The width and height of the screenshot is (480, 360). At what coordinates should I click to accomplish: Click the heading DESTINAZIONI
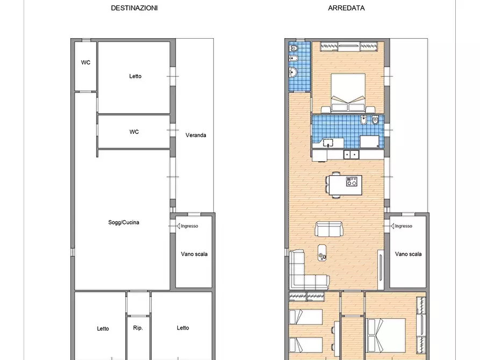tap(134, 8)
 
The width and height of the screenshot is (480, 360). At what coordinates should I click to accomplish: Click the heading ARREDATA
tap(346, 8)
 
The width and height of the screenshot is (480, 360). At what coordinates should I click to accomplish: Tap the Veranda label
tap(196, 135)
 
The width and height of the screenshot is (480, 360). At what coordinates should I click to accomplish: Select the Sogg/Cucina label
tap(124, 222)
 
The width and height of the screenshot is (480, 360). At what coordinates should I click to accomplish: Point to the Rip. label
tap(138, 328)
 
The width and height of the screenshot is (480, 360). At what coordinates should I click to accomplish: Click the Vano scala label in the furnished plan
tap(408, 254)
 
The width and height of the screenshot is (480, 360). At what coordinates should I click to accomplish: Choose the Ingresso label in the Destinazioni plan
tap(189, 226)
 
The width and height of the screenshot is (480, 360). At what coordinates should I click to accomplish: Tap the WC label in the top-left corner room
tap(85, 62)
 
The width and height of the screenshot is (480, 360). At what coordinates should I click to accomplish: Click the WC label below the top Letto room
tap(134, 132)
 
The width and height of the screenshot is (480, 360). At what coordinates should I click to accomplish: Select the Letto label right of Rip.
tap(183, 328)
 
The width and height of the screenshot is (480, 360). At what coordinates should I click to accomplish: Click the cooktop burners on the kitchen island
tap(352, 182)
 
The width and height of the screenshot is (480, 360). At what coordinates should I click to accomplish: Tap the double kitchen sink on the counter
tap(352, 155)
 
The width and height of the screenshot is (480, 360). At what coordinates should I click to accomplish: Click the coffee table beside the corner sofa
tap(323, 252)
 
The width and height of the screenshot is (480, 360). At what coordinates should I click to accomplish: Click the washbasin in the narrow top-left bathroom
tap(293, 72)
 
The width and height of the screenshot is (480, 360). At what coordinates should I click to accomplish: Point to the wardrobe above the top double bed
tap(348, 47)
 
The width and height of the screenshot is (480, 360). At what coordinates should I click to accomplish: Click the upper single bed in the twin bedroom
tap(305, 318)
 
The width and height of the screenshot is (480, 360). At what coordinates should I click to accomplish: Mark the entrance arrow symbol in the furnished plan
tap(387, 226)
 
